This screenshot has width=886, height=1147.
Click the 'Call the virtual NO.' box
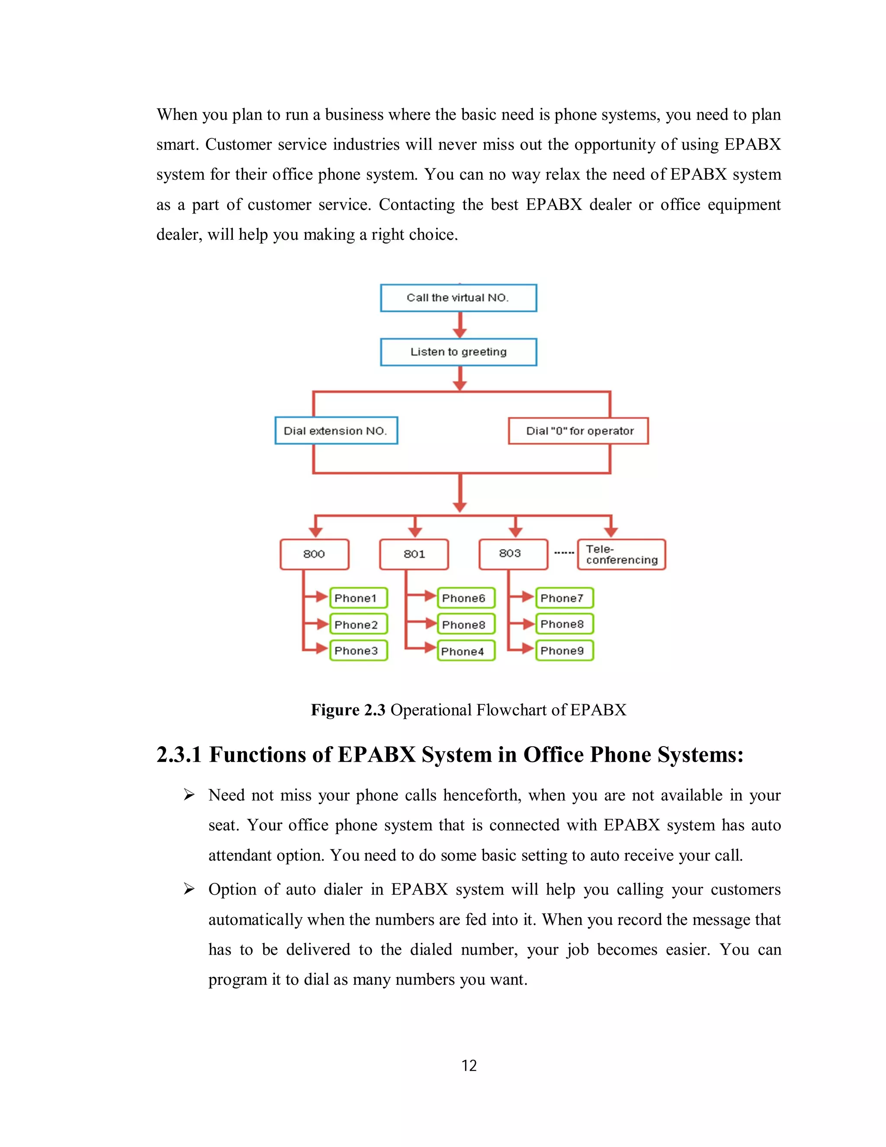(x=458, y=298)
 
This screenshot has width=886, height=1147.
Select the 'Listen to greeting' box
(x=458, y=352)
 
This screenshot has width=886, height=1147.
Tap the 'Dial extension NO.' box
(x=336, y=431)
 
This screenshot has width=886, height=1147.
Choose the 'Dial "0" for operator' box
(x=578, y=431)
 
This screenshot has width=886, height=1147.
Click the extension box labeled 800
(x=314, y=554)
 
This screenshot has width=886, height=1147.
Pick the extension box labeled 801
(x=414, y=554)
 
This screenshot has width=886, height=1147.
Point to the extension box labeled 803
(x=513, y=554)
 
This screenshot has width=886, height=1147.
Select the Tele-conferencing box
(x=622, y=554)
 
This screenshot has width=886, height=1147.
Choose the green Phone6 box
(x=465, y=598)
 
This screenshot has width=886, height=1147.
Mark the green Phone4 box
(x=465, y=651)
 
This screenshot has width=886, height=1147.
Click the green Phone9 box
(x=564, y=651)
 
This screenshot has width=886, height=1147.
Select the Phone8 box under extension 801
(x=465, y=625)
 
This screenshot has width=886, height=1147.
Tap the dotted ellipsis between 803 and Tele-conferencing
(x=564, y=552)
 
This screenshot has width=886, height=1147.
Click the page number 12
(x=469, y=1066)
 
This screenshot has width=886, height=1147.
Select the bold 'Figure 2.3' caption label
(x=348, y=710)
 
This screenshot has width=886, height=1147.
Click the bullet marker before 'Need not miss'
(x=189, y=795)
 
